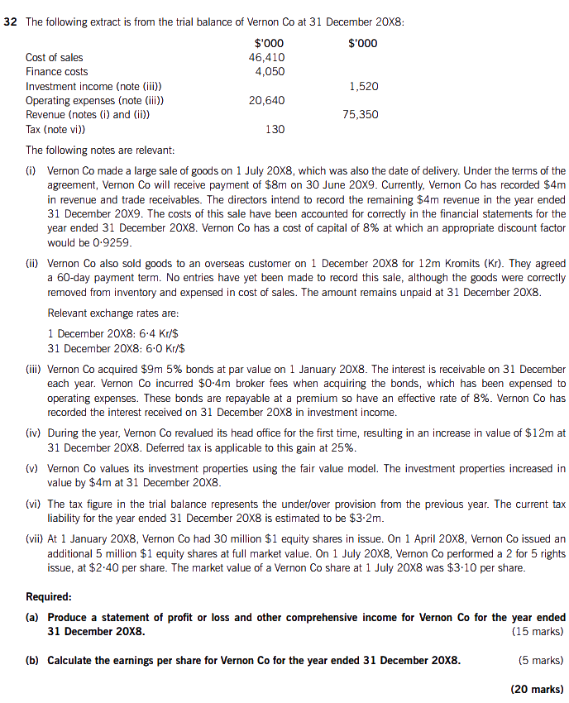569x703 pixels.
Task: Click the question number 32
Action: click(x=12, y=22)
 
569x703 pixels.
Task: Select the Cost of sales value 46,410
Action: click(x=266, y=57)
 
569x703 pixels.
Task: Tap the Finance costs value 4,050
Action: click(x=270, y=72)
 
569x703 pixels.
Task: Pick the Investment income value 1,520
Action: click(x=364, y=86)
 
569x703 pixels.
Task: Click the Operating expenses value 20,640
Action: click(x=266, y=100)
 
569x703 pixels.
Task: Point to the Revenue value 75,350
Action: click(x=361, y=115)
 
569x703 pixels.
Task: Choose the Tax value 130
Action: click(x=275, y=129)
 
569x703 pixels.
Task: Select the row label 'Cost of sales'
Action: click(x=55, y=57)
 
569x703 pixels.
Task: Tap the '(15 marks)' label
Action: click(x=538, y=632)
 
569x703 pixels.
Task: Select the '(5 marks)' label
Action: click(x=540, y=660)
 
